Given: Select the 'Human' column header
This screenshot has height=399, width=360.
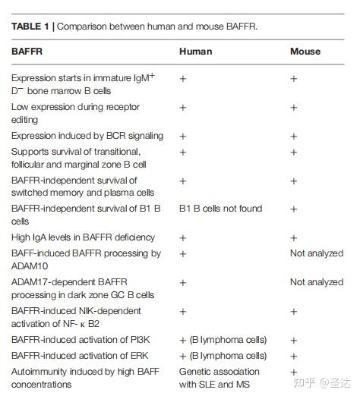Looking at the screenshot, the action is pos(195,52).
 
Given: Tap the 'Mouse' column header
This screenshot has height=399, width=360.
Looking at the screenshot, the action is pos(305,52).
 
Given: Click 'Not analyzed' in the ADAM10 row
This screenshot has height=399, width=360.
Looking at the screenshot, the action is pos(317,253).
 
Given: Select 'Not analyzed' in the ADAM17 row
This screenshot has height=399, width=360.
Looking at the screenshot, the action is pos(317,282).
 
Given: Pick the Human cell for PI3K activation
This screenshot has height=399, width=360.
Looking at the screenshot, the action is pos(223,341).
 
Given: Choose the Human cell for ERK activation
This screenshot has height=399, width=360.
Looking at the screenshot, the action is pos(223,356).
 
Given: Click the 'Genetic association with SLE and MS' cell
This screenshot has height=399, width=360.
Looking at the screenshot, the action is pos(219,378).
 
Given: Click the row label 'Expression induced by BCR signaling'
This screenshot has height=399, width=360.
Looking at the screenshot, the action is pos(87,136).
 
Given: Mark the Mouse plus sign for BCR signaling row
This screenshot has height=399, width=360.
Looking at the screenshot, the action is pos(294,137).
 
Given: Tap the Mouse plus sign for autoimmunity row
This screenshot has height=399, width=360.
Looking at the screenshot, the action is pos(294,372).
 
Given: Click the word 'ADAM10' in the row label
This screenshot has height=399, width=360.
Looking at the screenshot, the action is pos(33,268).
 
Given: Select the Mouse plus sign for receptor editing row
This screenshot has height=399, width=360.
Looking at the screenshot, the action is pos(294,108).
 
